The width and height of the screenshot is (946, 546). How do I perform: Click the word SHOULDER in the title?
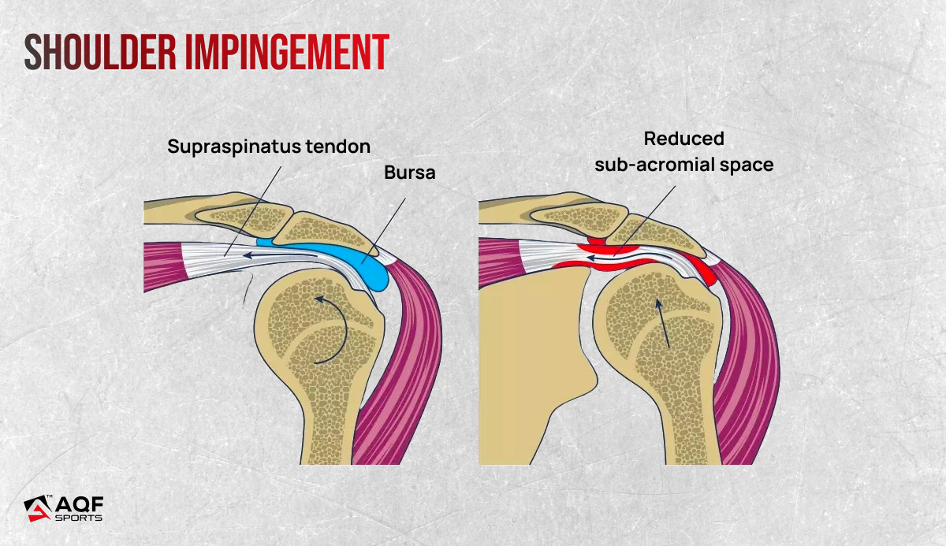coord(100,52)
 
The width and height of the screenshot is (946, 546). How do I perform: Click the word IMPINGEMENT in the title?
coord(287,52)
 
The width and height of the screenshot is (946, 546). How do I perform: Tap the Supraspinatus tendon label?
coord(269,147)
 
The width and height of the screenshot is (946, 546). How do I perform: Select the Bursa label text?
coord(410,173)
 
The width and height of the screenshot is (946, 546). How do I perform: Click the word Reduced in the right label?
coord(683,139)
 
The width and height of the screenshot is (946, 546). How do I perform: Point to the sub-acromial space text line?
coord(684,164)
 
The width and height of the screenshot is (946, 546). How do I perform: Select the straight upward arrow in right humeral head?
coord(663,323)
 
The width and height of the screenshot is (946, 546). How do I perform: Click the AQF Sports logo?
coord(64,508)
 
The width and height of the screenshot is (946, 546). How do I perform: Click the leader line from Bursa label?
coord(383,231)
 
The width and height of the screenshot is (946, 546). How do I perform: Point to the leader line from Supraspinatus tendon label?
coord(252,211)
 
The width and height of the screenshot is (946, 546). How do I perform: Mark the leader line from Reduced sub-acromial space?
coord(645,221)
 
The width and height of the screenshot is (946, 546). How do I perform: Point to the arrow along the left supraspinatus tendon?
coord(280,254)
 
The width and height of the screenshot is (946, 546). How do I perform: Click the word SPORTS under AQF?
coord(79,518)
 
